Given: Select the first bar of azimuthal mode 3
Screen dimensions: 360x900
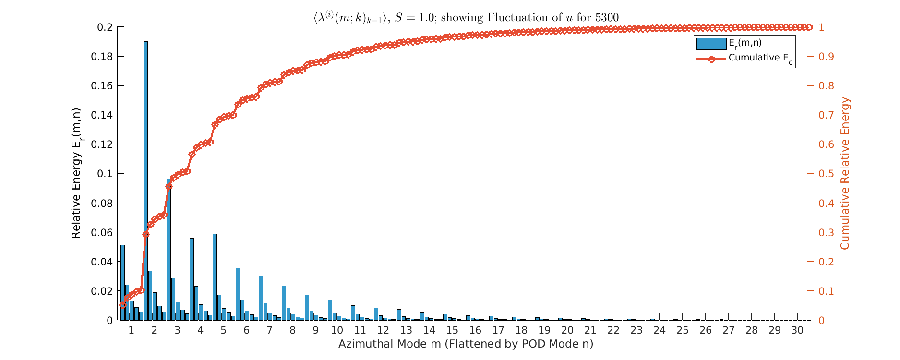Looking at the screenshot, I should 168,250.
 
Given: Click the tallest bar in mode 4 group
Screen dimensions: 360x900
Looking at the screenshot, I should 192,279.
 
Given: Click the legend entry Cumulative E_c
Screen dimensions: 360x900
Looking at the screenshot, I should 760,58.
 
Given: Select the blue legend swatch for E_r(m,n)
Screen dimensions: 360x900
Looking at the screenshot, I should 711,44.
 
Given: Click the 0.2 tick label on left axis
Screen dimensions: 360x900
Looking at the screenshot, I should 105,27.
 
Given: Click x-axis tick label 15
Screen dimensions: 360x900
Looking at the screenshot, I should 452,330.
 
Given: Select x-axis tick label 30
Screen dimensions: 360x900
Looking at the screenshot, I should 797,330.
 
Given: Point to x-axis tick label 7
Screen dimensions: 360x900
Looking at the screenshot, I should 269,330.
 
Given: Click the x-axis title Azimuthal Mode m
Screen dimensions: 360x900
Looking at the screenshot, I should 465,344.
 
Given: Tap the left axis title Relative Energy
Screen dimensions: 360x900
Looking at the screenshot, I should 76,173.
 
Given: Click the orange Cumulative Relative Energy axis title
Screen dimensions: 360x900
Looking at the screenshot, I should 845,173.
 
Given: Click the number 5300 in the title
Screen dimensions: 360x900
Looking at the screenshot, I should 607,18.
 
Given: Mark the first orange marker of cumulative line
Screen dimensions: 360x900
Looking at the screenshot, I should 122,305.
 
